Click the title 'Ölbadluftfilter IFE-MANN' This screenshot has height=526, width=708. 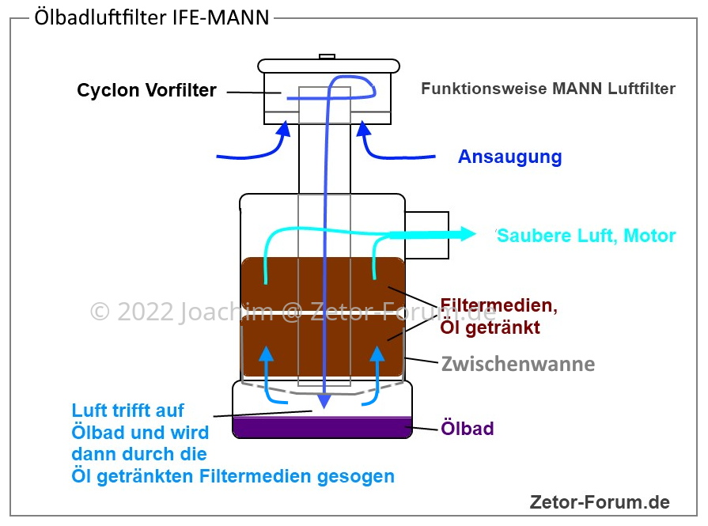152,17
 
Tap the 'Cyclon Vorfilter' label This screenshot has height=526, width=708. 147,90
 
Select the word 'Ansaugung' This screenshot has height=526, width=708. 509,157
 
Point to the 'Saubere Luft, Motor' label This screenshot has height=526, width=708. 586,236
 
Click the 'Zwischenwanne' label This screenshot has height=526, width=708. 518,364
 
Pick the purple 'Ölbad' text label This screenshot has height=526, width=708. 468,428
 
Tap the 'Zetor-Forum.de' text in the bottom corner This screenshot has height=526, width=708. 600,502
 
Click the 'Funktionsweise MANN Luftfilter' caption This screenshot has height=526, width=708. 548,89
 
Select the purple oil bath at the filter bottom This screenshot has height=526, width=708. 322,427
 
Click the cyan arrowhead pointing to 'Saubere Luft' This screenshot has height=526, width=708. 468,234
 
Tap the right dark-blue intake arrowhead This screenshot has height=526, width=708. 363,129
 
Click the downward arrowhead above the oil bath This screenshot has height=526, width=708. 324,400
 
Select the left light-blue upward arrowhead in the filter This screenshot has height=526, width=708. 267,354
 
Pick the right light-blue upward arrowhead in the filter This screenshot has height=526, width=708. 377,354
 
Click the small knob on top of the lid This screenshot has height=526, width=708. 327,56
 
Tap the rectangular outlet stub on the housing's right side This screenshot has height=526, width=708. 426,235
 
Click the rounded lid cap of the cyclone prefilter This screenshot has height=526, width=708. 329,66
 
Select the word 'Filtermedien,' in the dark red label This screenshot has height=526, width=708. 499,306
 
